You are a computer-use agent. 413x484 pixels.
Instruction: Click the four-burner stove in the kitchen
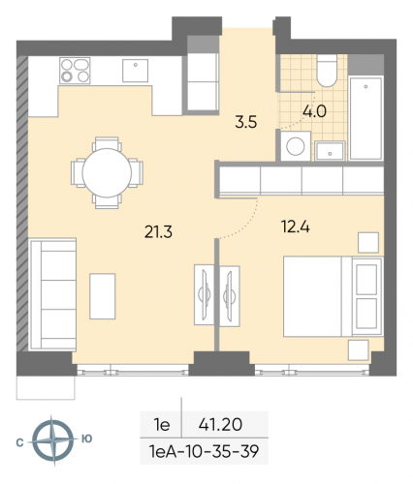click(74, 71)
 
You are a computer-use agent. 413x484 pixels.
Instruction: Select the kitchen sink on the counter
click(135, 70)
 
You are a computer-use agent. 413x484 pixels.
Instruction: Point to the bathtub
click(366, 117)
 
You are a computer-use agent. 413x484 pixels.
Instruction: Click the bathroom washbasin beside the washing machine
click(331, 149)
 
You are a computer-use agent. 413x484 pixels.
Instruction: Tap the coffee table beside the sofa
click(104, 295)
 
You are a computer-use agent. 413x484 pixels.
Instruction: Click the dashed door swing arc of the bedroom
click(248, 221)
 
